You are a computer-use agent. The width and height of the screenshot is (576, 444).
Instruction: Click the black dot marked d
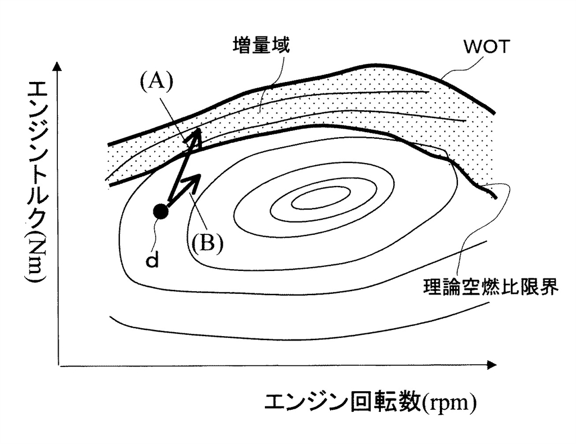(161, 211)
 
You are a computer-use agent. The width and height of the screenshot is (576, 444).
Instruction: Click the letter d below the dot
(152, 261)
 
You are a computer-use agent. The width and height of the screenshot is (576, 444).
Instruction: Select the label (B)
(206, 243)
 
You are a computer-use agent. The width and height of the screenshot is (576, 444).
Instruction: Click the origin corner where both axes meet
(58, 365)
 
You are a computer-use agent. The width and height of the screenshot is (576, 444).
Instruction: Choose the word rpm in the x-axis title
(450, 402)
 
